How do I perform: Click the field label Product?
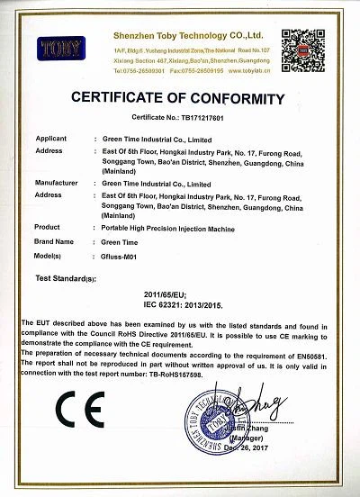(47, 226)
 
